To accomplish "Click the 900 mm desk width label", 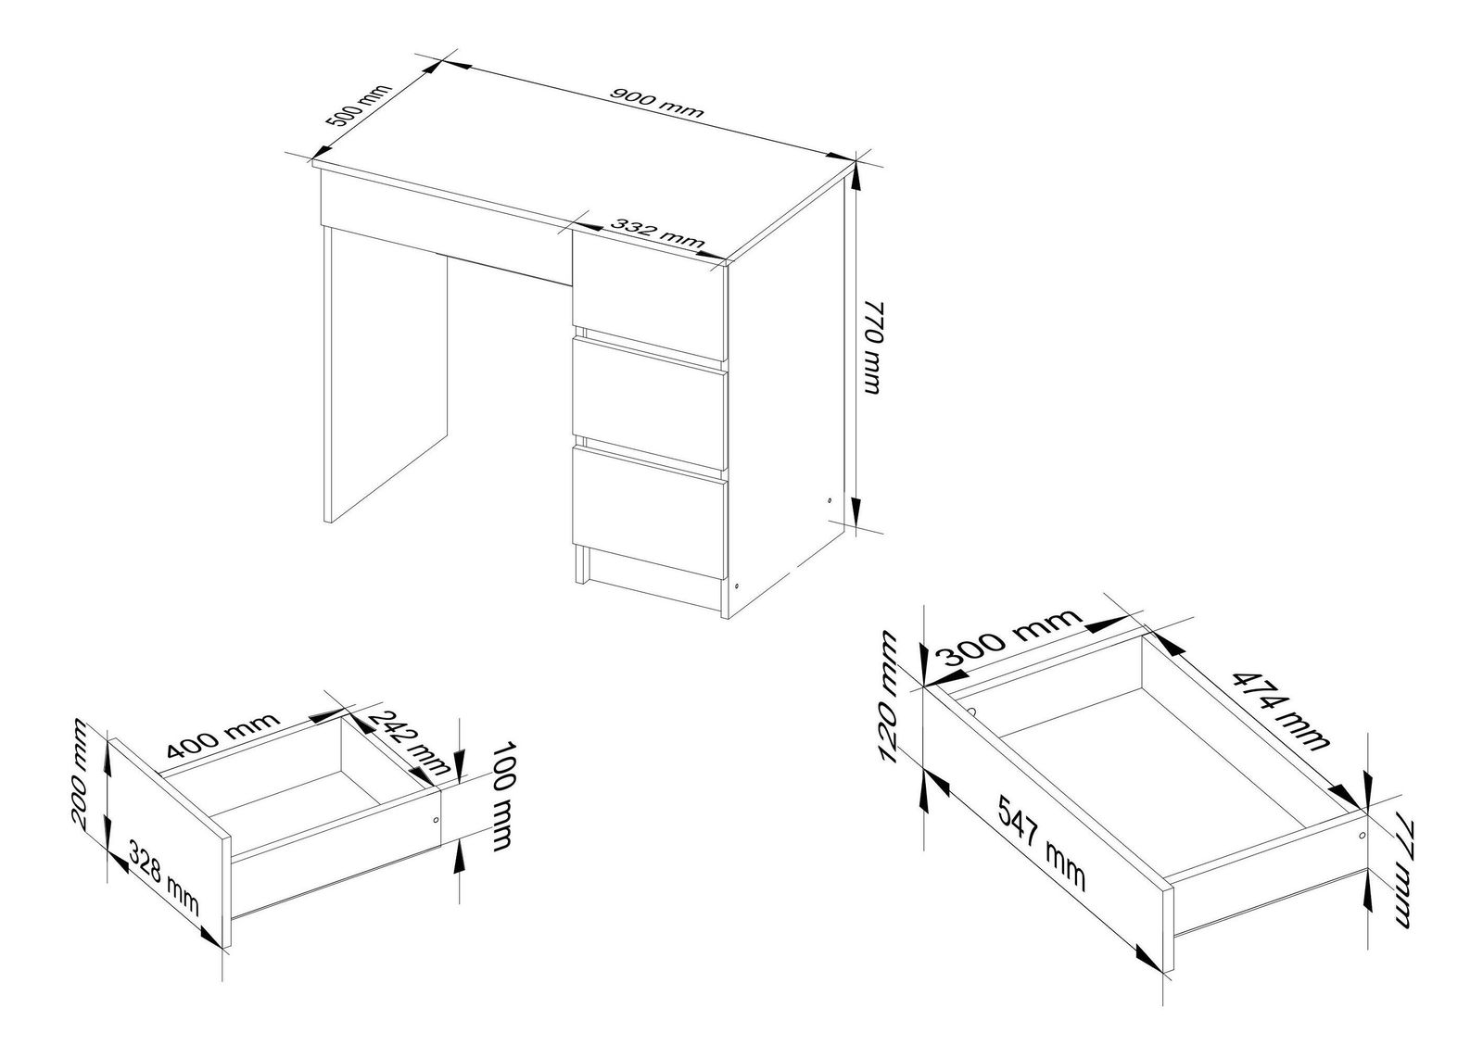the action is click(656, 103).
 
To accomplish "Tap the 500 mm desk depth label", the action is click(359, 114).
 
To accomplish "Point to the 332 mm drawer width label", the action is click(657, 233).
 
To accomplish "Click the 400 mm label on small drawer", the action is click(222, 735).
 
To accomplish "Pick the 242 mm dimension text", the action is click(409, 743).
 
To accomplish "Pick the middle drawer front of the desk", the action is click(650, 404).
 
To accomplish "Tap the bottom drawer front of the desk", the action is click(650, 512).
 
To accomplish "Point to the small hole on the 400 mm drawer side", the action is click(435, 821).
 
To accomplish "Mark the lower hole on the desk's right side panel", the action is click(738, 586).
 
